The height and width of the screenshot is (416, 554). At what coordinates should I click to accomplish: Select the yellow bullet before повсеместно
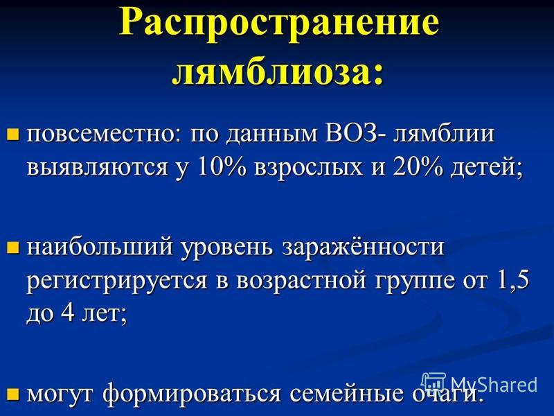click(12, 135)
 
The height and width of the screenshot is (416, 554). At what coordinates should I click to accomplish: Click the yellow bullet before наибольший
click(12, 248)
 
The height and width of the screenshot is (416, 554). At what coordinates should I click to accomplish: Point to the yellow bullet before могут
click(12, 394)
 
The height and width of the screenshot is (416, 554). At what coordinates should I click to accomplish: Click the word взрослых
click(308, 167)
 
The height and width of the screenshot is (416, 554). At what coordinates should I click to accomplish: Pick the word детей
click(486, 167)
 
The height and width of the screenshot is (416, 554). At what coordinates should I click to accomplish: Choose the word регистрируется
click(117, 282)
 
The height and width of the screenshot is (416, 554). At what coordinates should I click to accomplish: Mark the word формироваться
click(193, 394)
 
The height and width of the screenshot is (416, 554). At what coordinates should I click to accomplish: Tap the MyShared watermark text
click(494, 384)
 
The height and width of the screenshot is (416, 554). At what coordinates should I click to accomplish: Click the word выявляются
click(97, 167)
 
